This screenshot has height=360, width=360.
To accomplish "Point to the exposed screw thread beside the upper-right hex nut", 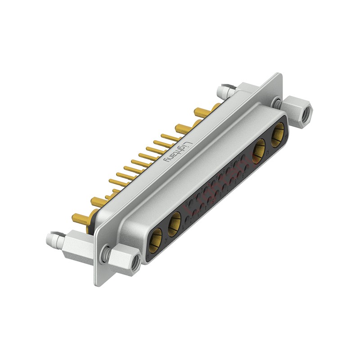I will point(279,103).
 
